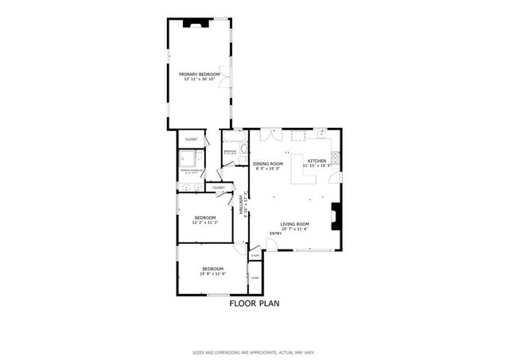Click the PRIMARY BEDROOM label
click(199, 74)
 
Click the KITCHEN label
click(317, 161)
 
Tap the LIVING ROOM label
click(294, 224)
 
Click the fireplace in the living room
click(336, 215)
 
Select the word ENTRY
click(275, 234)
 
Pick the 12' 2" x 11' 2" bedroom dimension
click(204, 223)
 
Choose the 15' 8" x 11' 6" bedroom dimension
click(212, 274)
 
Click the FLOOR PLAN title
click(254, 304)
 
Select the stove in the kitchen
click(335, 158)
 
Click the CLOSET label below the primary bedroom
click(191, 139)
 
